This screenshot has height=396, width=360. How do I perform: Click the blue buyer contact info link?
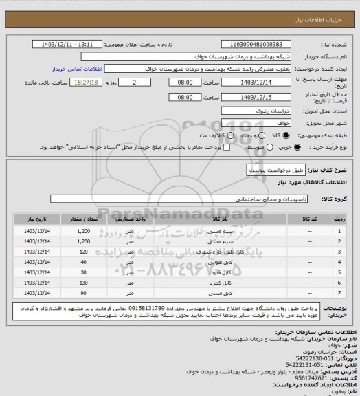tap(72, 69)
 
